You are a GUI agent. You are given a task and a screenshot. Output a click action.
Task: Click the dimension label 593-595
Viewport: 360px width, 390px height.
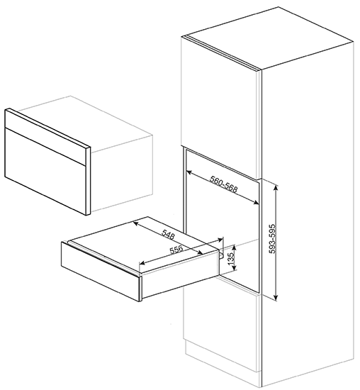[x=273, y=239]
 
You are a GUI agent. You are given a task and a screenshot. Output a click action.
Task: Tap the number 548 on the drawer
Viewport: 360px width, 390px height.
[x=168, y=234]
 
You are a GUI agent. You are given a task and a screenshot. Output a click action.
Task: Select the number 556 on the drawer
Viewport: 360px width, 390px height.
[x=176, y=250]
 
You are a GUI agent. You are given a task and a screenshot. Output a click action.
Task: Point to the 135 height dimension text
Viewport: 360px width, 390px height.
[x=231, y=258]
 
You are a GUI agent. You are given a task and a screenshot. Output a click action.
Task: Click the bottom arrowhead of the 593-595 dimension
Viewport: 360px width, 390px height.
[x=276, y=297]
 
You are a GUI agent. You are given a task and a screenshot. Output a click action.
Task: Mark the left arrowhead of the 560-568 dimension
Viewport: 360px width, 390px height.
[x=189, y=172]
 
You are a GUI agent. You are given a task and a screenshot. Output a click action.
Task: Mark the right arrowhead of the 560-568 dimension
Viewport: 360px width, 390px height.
[x=256, y=203]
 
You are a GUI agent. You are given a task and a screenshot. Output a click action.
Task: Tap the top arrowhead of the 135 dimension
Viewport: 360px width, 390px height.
[x=234, y=247]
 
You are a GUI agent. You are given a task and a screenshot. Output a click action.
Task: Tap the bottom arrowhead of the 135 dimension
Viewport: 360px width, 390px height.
[x=234, y=267]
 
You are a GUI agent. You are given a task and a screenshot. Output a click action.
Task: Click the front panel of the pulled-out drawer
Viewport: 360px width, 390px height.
[x=101, y=271]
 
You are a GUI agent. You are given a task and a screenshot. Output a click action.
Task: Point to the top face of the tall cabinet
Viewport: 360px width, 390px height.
[x=268, y=38]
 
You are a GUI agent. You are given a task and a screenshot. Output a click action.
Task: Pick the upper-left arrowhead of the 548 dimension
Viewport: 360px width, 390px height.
[x=136, y=223]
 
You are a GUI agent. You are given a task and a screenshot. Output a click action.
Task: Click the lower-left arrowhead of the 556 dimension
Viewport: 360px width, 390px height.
[x=142, y=262]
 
